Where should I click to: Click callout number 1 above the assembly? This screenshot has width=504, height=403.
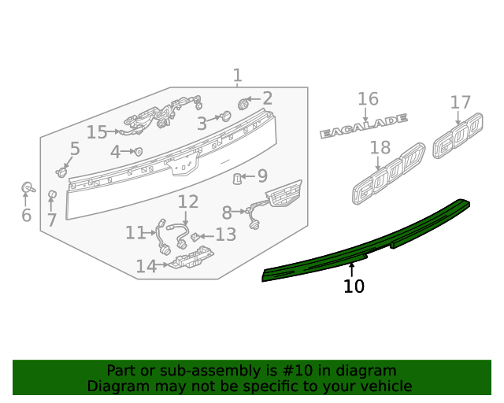point(237,76)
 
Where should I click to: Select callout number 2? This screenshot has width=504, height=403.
point(268,98)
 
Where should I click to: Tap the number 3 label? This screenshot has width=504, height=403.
point(202,124)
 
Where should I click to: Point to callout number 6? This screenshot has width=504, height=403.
point(26,215)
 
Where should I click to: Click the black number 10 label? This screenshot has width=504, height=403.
point(354,287)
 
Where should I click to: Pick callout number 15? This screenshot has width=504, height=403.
point(97,132)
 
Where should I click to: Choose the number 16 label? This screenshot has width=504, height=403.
point(368,99)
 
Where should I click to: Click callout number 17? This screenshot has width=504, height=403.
point(460,102)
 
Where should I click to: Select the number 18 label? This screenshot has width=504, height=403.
point(380,147)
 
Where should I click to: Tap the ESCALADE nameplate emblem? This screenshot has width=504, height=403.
point(364,126)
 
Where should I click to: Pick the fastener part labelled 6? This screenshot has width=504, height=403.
point(27,187)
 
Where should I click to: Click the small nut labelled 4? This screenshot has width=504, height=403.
point(138,150)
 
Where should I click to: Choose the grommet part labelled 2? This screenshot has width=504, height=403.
point(244,103)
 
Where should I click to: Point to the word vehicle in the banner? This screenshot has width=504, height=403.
point(386,386)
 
